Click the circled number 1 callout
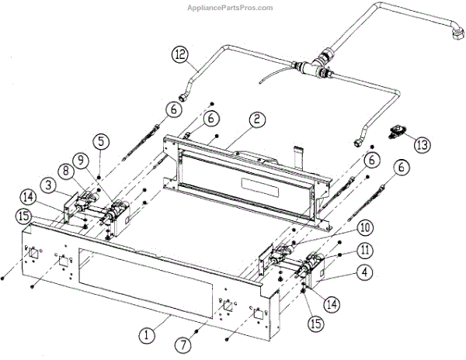point(145,335)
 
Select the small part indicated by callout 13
point(398,130)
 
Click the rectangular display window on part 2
point(263,189)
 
